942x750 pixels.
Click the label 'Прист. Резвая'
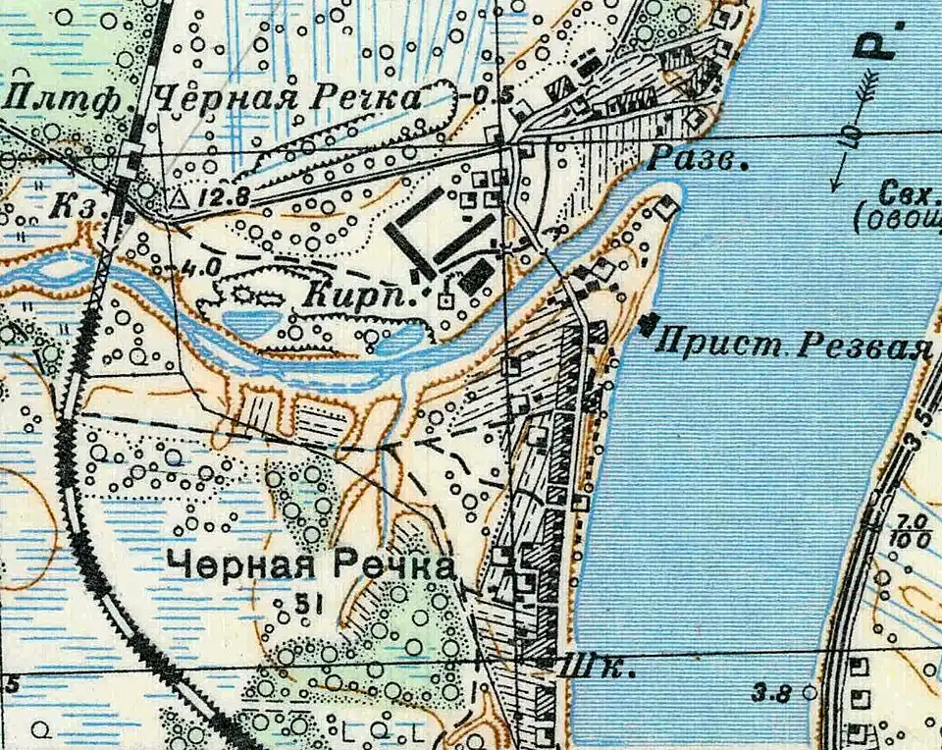[793, 346]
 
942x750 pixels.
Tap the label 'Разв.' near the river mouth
[698, 160]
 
